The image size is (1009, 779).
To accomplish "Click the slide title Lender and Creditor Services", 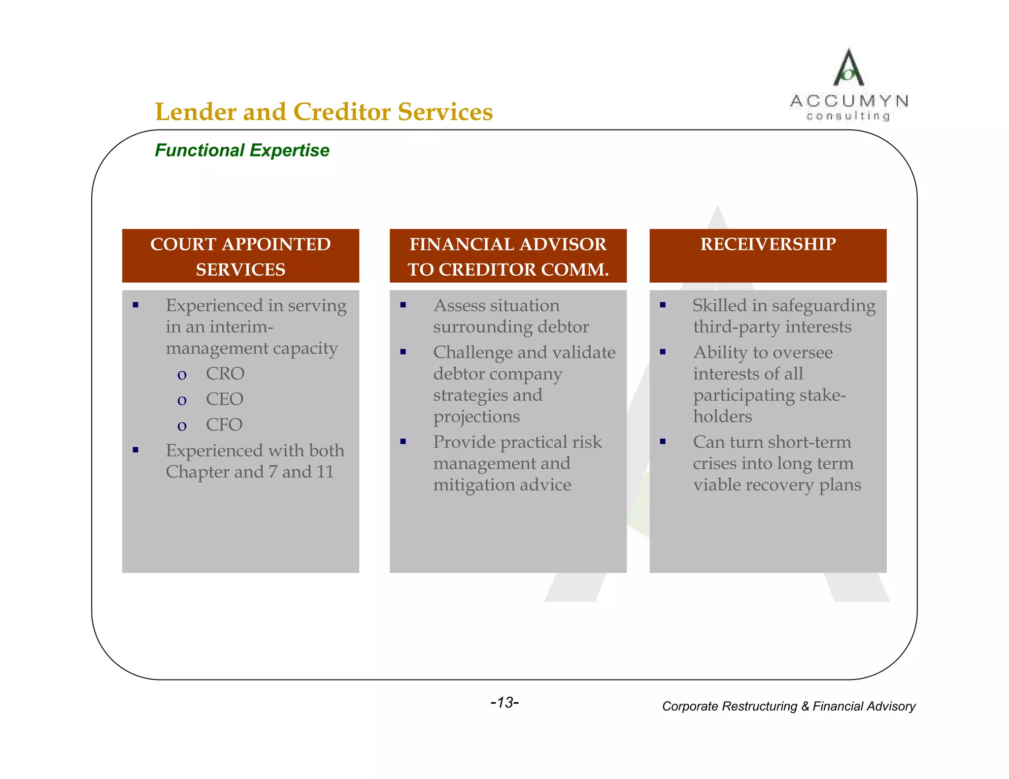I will click(324, 112).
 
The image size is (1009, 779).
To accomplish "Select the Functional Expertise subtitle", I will click(242, 150).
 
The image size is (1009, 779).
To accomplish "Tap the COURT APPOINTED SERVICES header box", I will click(240, 256).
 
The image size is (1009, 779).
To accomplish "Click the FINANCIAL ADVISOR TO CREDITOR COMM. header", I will click(508, 256).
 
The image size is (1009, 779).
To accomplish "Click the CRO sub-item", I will click(225, 374).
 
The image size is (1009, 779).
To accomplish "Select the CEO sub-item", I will click(225, 399).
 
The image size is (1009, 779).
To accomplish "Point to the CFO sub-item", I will click(224, 425).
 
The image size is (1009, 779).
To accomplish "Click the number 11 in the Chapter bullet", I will click(325, 472).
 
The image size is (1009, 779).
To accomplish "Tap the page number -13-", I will click(504, 702).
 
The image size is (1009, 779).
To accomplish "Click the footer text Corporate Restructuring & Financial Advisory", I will click(788, 706).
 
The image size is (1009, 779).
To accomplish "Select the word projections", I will click(476, 417).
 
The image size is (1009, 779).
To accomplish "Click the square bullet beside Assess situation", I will click(403, 305).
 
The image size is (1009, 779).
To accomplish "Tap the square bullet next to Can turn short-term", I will click(663, 442).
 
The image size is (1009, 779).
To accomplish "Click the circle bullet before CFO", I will click(182, 426).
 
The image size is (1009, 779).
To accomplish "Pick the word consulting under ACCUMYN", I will click(848, 116).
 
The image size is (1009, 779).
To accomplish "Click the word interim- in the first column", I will click(241, 327).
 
